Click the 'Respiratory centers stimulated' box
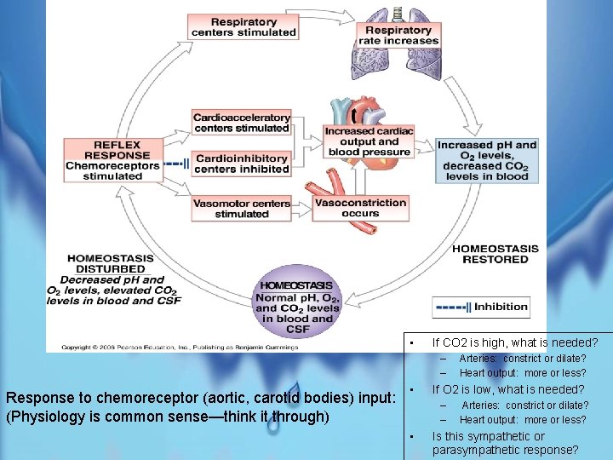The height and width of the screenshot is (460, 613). (243, 27)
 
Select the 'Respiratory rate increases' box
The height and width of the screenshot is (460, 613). (398, 36)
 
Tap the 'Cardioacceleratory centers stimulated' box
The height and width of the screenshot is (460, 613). (242, 123)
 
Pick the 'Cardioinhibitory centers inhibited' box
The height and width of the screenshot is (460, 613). (242, 164)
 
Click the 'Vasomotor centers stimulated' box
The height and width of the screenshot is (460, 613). (242, 209)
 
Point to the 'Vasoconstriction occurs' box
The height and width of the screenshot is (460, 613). (360, 208)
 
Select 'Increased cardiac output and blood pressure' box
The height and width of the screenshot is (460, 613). (369, 141)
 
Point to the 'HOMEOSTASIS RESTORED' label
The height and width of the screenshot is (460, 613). (495, 254)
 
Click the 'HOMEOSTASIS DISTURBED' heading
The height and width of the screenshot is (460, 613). (111, 262)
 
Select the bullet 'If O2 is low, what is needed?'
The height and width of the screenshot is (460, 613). (508, 389)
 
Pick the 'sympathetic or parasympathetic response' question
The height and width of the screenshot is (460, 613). (505, 443)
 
